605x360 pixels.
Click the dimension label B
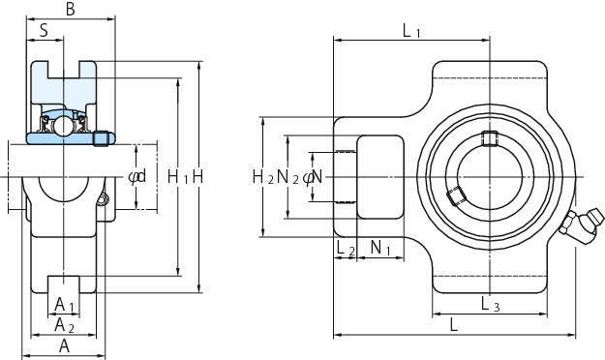coord(71,10)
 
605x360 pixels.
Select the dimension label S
coord(44,30)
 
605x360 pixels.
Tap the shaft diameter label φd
coord(137,177)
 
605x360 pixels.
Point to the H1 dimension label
coord(178,177)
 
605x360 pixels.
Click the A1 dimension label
coord(64,305)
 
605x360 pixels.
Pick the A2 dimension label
coord(64,325)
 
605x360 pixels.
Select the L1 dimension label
coord(411,30)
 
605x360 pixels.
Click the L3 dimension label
coord(491,305)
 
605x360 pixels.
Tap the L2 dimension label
coord(346,248)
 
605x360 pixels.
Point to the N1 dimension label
coord(380,248)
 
